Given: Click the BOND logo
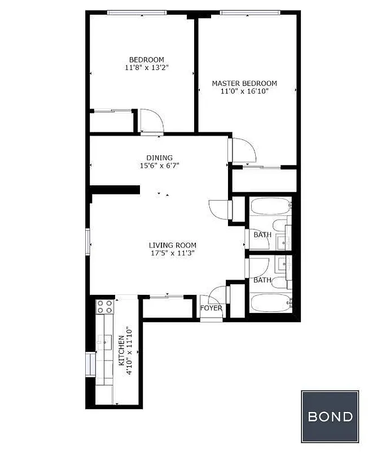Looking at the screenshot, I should pyautogui.click(x=330, y=416).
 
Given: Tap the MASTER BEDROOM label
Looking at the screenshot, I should pyautogui.click(x=244, y=84).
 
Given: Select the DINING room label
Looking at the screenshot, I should pyautogui.click(x=160, y=158).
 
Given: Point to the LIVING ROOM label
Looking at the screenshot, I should pyautogui.click(x=173, y=245).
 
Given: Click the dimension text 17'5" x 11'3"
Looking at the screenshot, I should pyautogui.click(x=173, y=254).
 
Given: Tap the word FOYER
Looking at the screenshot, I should pyautogui.click(x=211, y=308).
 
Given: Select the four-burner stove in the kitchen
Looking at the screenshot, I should pyautogui.click(x=104, y=307).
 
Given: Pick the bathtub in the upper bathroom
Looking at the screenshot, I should pyautogui.click(x=270, y=206).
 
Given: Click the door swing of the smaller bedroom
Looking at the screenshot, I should pyautogui.click(x=151, y=120).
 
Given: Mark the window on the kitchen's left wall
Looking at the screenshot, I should pyautogui.click(x=89, y=365).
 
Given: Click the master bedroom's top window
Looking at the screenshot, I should pyautogui.click(x=250, y=12).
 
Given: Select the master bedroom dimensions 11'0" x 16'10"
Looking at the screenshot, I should pyautogui.click(x=244, y=92).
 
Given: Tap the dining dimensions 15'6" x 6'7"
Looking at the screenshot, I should pyautogui.click(x=160, y=166).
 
